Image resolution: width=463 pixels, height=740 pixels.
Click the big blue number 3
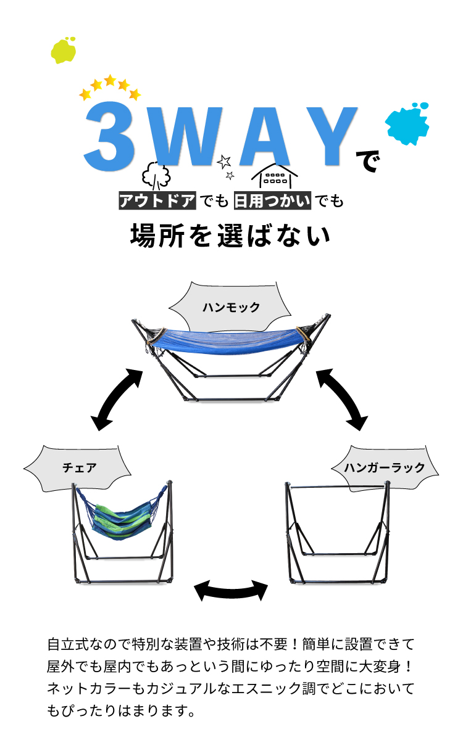110,137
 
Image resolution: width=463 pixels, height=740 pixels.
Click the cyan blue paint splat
407,122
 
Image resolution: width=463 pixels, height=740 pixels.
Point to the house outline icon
274,176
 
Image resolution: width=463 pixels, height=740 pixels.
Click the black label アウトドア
157,200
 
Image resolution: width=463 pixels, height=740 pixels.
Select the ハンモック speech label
231,306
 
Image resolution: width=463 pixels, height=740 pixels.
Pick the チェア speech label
80,467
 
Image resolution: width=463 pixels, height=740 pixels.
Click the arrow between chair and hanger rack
231,590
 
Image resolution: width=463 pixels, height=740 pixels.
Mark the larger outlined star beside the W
224,162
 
